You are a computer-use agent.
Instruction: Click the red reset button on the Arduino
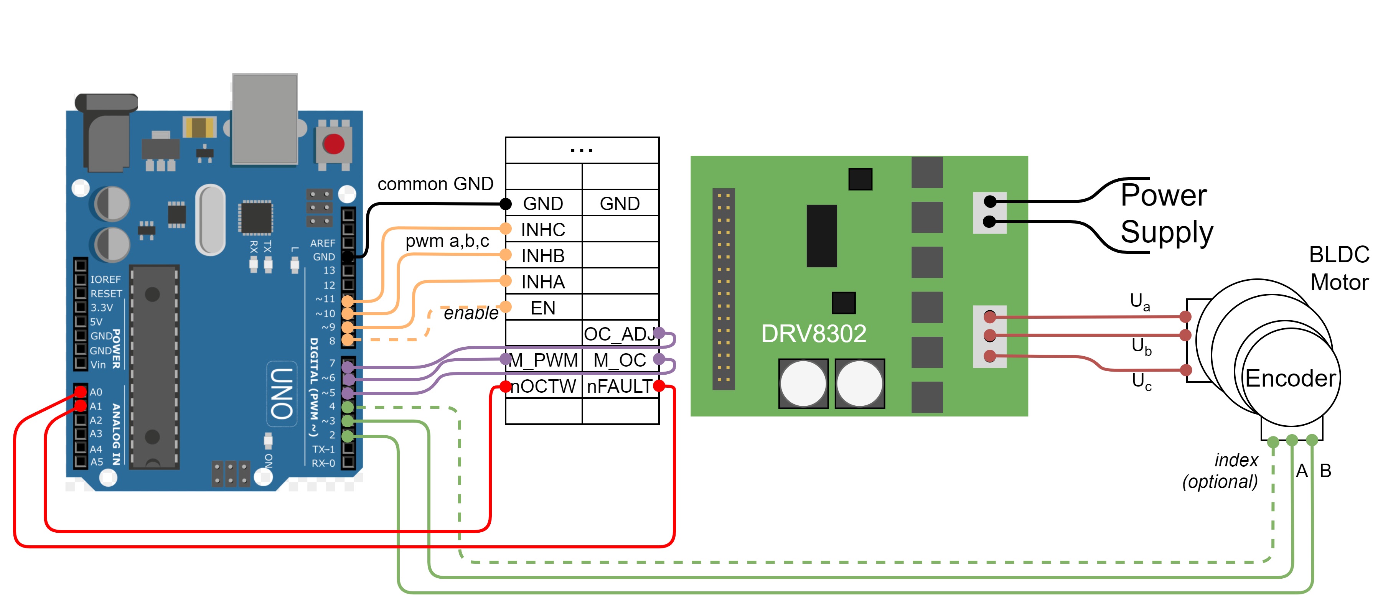333,144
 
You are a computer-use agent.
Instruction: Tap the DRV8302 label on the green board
813,334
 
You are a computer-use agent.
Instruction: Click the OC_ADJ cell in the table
620,334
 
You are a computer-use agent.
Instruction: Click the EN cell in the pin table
543,308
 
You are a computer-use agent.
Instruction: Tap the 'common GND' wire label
435,184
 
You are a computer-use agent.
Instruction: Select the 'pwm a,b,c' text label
447,241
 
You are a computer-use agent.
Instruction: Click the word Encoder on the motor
1290,379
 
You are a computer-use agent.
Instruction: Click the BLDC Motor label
1338,268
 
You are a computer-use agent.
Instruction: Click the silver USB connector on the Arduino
265,119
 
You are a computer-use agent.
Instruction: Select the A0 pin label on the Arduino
96,392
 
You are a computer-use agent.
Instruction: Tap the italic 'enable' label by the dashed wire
471,313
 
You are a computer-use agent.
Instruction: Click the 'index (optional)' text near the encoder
1225,471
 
